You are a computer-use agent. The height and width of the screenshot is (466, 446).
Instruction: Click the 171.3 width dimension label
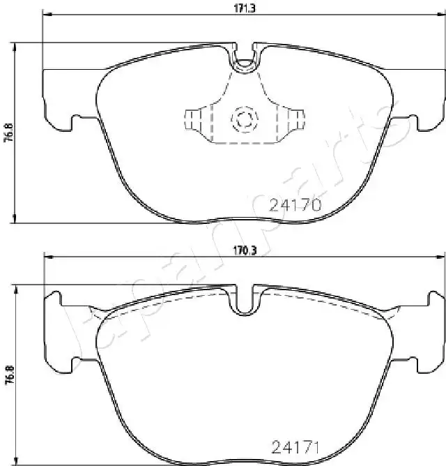(245, 8)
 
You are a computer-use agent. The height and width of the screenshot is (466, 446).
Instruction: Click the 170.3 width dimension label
(245, 251)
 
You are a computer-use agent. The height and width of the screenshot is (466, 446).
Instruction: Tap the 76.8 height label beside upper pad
(10, 133)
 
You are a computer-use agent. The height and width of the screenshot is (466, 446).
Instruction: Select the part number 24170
(295, 205)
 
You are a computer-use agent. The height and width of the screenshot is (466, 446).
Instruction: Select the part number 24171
(295, 447)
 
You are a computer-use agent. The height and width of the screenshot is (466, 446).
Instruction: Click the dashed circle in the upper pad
(245, 119)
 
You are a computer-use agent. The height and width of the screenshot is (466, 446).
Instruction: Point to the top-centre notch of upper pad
(245, 58)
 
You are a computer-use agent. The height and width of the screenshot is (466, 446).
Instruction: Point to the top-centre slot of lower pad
(245, 300)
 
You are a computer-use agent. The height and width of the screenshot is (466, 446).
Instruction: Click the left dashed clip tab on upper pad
(192, 120)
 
